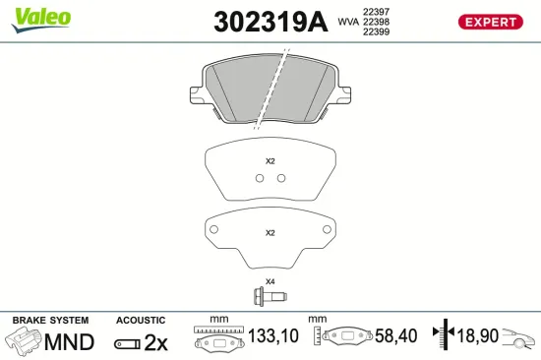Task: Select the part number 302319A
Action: (x=269, y=22)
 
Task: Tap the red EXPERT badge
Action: (x=490, y=22)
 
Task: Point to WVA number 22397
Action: (x=376, y=10)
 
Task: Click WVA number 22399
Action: (x=376, y=31)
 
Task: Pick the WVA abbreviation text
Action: (x=348, y=21)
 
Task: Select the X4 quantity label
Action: (x=270, y=280)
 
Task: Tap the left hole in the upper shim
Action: (x=259, y=178)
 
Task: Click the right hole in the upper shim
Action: (x=281, y=178)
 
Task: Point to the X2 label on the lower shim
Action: (x=270, y=233)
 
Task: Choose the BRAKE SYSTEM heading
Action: (x=49, y=321)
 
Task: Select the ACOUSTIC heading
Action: (x=141, y=321)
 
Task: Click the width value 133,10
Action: (x=270, y=336)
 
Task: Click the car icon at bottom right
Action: (x=519, y=338)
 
